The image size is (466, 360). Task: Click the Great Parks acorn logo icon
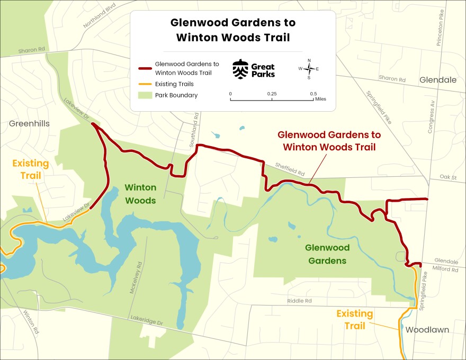(240, 69)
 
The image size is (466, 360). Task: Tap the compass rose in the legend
(309, 69)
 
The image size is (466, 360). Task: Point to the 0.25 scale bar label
(272, 94)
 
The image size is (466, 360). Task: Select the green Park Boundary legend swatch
(144, 96)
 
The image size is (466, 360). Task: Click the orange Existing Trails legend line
(144, 84)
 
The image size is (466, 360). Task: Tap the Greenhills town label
(29, 123)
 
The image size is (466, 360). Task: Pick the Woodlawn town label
(427, 330)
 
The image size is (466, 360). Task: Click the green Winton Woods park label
(140, 194)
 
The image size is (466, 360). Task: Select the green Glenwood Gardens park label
(327, 254)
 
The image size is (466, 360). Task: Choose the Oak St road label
(447, 177)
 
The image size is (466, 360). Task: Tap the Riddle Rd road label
(300, 301)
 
